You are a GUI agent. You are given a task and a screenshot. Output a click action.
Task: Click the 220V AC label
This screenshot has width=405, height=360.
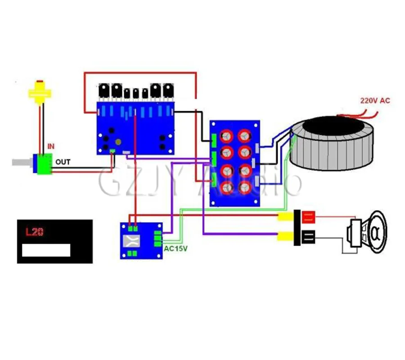point(374,101)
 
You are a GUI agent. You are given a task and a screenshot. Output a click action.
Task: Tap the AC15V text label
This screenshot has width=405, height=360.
point(176,248)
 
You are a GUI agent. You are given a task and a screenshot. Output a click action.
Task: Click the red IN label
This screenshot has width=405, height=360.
point(51,147)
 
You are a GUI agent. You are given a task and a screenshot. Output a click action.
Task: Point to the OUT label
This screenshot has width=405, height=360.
point(63,162)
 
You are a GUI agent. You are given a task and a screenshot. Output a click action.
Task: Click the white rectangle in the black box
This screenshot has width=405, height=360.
point(46,250)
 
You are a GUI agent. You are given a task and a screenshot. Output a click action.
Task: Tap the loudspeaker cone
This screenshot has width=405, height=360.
point(373,232)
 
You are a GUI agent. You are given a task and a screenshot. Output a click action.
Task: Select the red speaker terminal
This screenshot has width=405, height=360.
point(308,218)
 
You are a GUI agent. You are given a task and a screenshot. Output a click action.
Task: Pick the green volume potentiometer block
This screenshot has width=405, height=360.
point(45,164)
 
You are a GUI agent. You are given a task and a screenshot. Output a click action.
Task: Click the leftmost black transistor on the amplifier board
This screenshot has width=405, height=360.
point(105,91)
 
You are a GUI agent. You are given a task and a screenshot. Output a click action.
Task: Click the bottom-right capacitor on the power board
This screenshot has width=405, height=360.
point(244,188)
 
